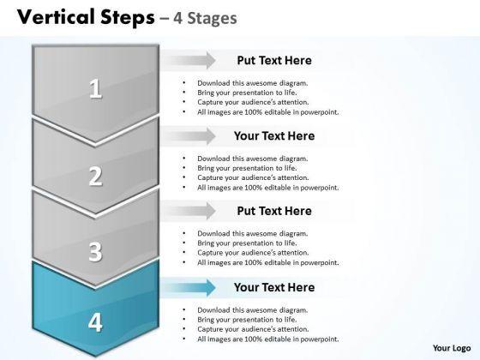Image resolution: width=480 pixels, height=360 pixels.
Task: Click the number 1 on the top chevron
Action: point(95,88)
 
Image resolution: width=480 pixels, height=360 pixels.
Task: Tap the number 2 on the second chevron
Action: point(95,176)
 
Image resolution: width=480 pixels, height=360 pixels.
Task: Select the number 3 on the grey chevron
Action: point(95,251)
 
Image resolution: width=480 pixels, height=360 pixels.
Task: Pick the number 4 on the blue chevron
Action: point(95,322)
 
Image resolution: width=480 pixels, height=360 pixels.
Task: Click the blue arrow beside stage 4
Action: point(189,287)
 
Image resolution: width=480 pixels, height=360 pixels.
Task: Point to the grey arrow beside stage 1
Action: point(189,60)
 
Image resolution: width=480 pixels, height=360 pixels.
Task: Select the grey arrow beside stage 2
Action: point(189,136)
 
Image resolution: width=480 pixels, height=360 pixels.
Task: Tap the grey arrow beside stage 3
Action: point(189,211)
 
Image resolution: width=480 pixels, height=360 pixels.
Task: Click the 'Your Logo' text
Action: point(452,348)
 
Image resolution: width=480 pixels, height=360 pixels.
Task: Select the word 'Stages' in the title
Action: point(212,18)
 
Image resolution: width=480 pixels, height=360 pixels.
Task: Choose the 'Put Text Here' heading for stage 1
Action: point(274,60)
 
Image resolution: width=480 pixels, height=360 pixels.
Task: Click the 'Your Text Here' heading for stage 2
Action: point(274,136)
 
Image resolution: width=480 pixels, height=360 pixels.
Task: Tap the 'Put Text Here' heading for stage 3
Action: point(274,211)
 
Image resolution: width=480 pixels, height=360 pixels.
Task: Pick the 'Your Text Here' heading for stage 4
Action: point(274,287)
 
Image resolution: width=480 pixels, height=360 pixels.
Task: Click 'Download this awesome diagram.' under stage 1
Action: point(253,83)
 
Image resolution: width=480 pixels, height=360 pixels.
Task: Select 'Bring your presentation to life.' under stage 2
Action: point(247,168)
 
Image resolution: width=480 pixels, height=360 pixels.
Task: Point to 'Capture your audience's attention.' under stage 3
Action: point(253,253)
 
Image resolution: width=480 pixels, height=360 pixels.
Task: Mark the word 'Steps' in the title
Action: point(128,18)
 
